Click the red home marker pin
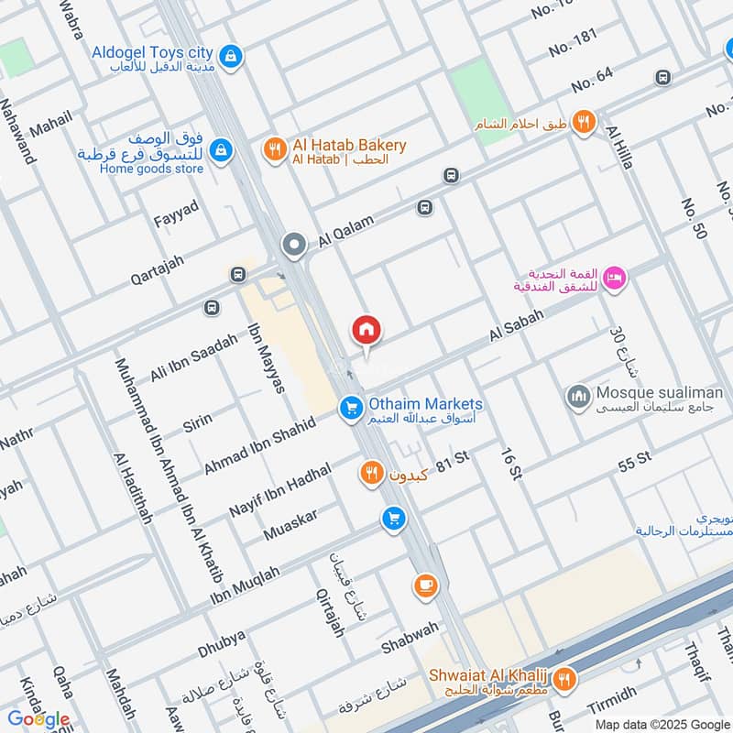366,330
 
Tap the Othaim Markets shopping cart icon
350,409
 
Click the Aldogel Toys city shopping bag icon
232,56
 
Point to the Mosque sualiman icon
578,396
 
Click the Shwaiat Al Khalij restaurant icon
565,679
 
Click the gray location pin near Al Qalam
294,245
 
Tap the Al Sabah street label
517,325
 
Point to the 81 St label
445,465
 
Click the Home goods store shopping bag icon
220,148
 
